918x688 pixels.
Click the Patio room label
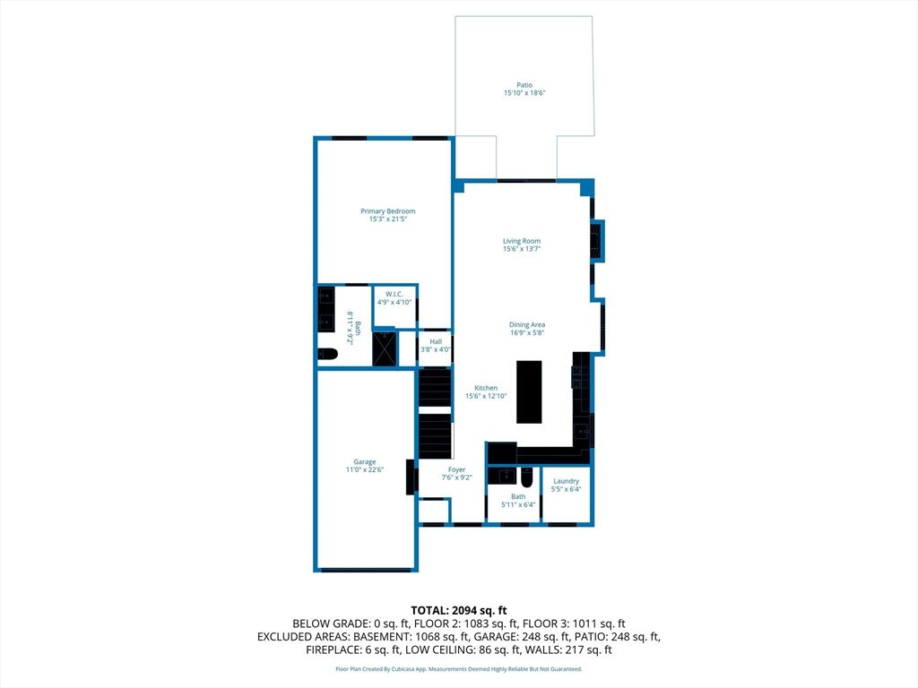524,85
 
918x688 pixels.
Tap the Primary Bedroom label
387,211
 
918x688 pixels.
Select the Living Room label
522,241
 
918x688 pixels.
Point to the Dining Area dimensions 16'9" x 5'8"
527,333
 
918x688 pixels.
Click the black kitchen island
529,391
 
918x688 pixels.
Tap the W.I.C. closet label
394,294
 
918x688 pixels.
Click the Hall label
436,341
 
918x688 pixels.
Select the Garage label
365,461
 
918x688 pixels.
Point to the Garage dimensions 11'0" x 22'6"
365,469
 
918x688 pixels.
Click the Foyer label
456,469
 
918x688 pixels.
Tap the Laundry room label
567,481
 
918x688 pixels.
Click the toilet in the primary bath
328,354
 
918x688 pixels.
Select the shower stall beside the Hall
385,349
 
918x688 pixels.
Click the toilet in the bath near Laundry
526,478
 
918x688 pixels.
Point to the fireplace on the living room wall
597,241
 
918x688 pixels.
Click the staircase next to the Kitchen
435,414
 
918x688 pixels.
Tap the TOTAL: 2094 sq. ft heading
459,611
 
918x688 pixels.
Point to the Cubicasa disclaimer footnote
459,668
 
